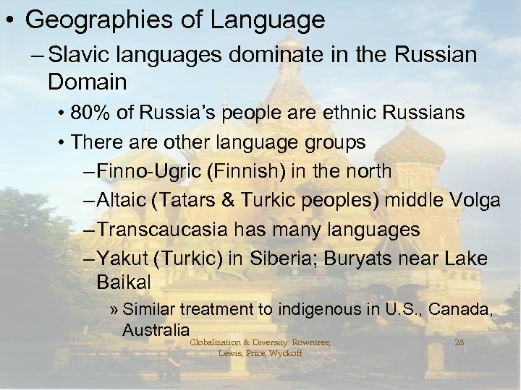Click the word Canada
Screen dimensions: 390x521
pos(461,310)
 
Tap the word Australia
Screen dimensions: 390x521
pos(151,330)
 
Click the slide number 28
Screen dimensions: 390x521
pos(459,342)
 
